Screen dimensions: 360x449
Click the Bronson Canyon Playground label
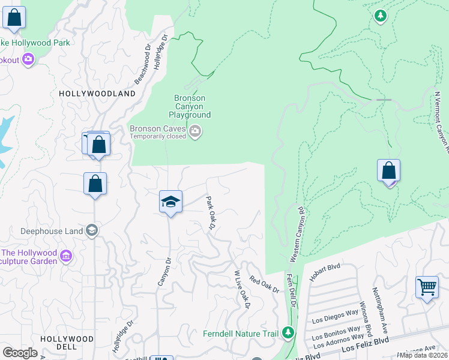(x=190, y=106)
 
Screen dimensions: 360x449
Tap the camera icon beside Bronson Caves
(x=195, y=131)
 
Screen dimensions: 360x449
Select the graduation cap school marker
(x=170, y=202)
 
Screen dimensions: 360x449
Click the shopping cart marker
(x=427, y=287)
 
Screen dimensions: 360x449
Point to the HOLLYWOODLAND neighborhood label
(x=97, y=94)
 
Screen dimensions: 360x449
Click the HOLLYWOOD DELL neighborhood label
(x=67, y=343)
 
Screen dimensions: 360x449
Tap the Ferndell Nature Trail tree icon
(x=289, y=332)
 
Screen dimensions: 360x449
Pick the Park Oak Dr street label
(x=211, y=212)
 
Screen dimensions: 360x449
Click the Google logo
(x=20, y=353)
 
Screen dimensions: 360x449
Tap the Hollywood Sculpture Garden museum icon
(x=66, y=257)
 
